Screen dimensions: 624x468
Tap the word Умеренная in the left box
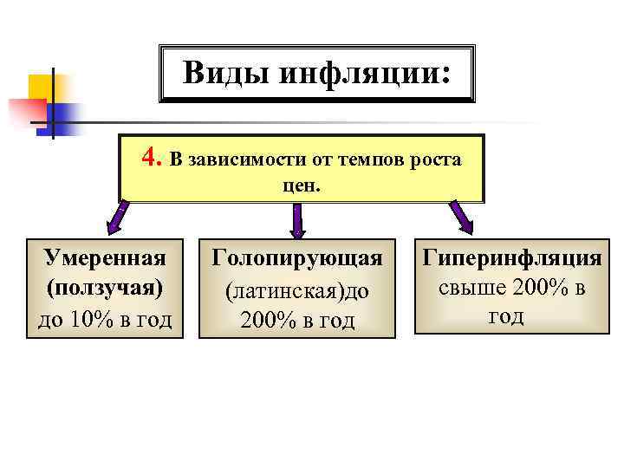[105, 257]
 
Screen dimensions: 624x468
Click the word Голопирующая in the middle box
[296, 259]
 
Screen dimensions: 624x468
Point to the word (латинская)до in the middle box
[296, 291]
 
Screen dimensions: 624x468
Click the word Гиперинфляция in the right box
[511, 258]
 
